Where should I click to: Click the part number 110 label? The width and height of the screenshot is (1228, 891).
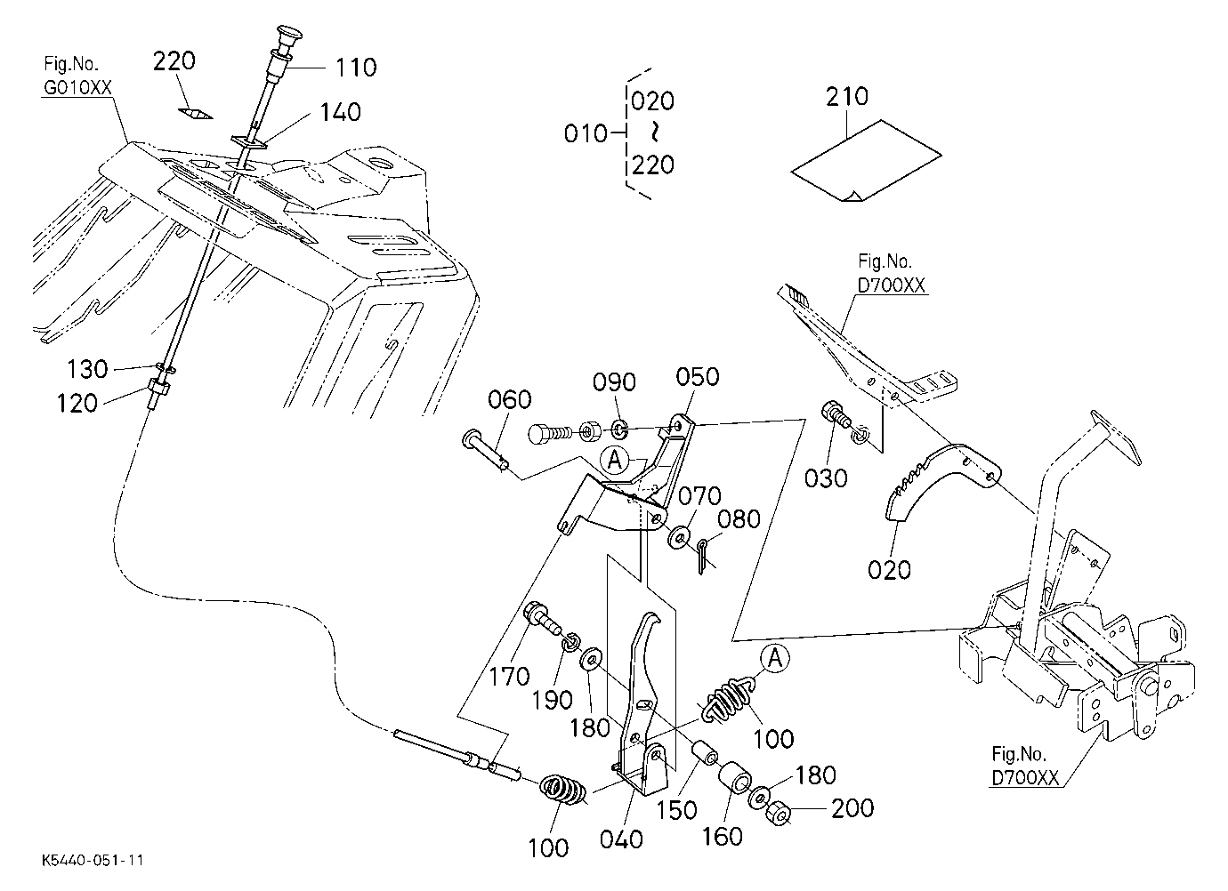click(x=356, y=68)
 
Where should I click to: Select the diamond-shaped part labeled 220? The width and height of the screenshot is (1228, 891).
click(x=196, y=114)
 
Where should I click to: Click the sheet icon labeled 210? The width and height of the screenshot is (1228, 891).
click(x=866, y=161)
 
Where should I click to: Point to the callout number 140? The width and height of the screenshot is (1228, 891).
click(x=340, y=112)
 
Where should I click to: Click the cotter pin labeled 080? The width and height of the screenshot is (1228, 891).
click(x=702, y=556)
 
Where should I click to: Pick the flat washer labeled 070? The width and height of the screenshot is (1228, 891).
click(x=678, y=538)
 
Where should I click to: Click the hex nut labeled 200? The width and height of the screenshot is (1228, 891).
click(x=779, y=813)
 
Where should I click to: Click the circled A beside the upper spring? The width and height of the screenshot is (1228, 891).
click(x=775, y=657)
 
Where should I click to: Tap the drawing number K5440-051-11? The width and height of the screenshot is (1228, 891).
click(x=93, y=860)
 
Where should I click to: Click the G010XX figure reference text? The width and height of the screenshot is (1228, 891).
click(x=77, y=88)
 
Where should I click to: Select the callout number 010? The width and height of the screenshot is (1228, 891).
click(x=586, y=134)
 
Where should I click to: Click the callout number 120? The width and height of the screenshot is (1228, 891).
click(x=77, y=404)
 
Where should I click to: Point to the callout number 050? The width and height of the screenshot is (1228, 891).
click(x=698, y=377)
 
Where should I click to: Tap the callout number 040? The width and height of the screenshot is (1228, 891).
click(x=621, y=839)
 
